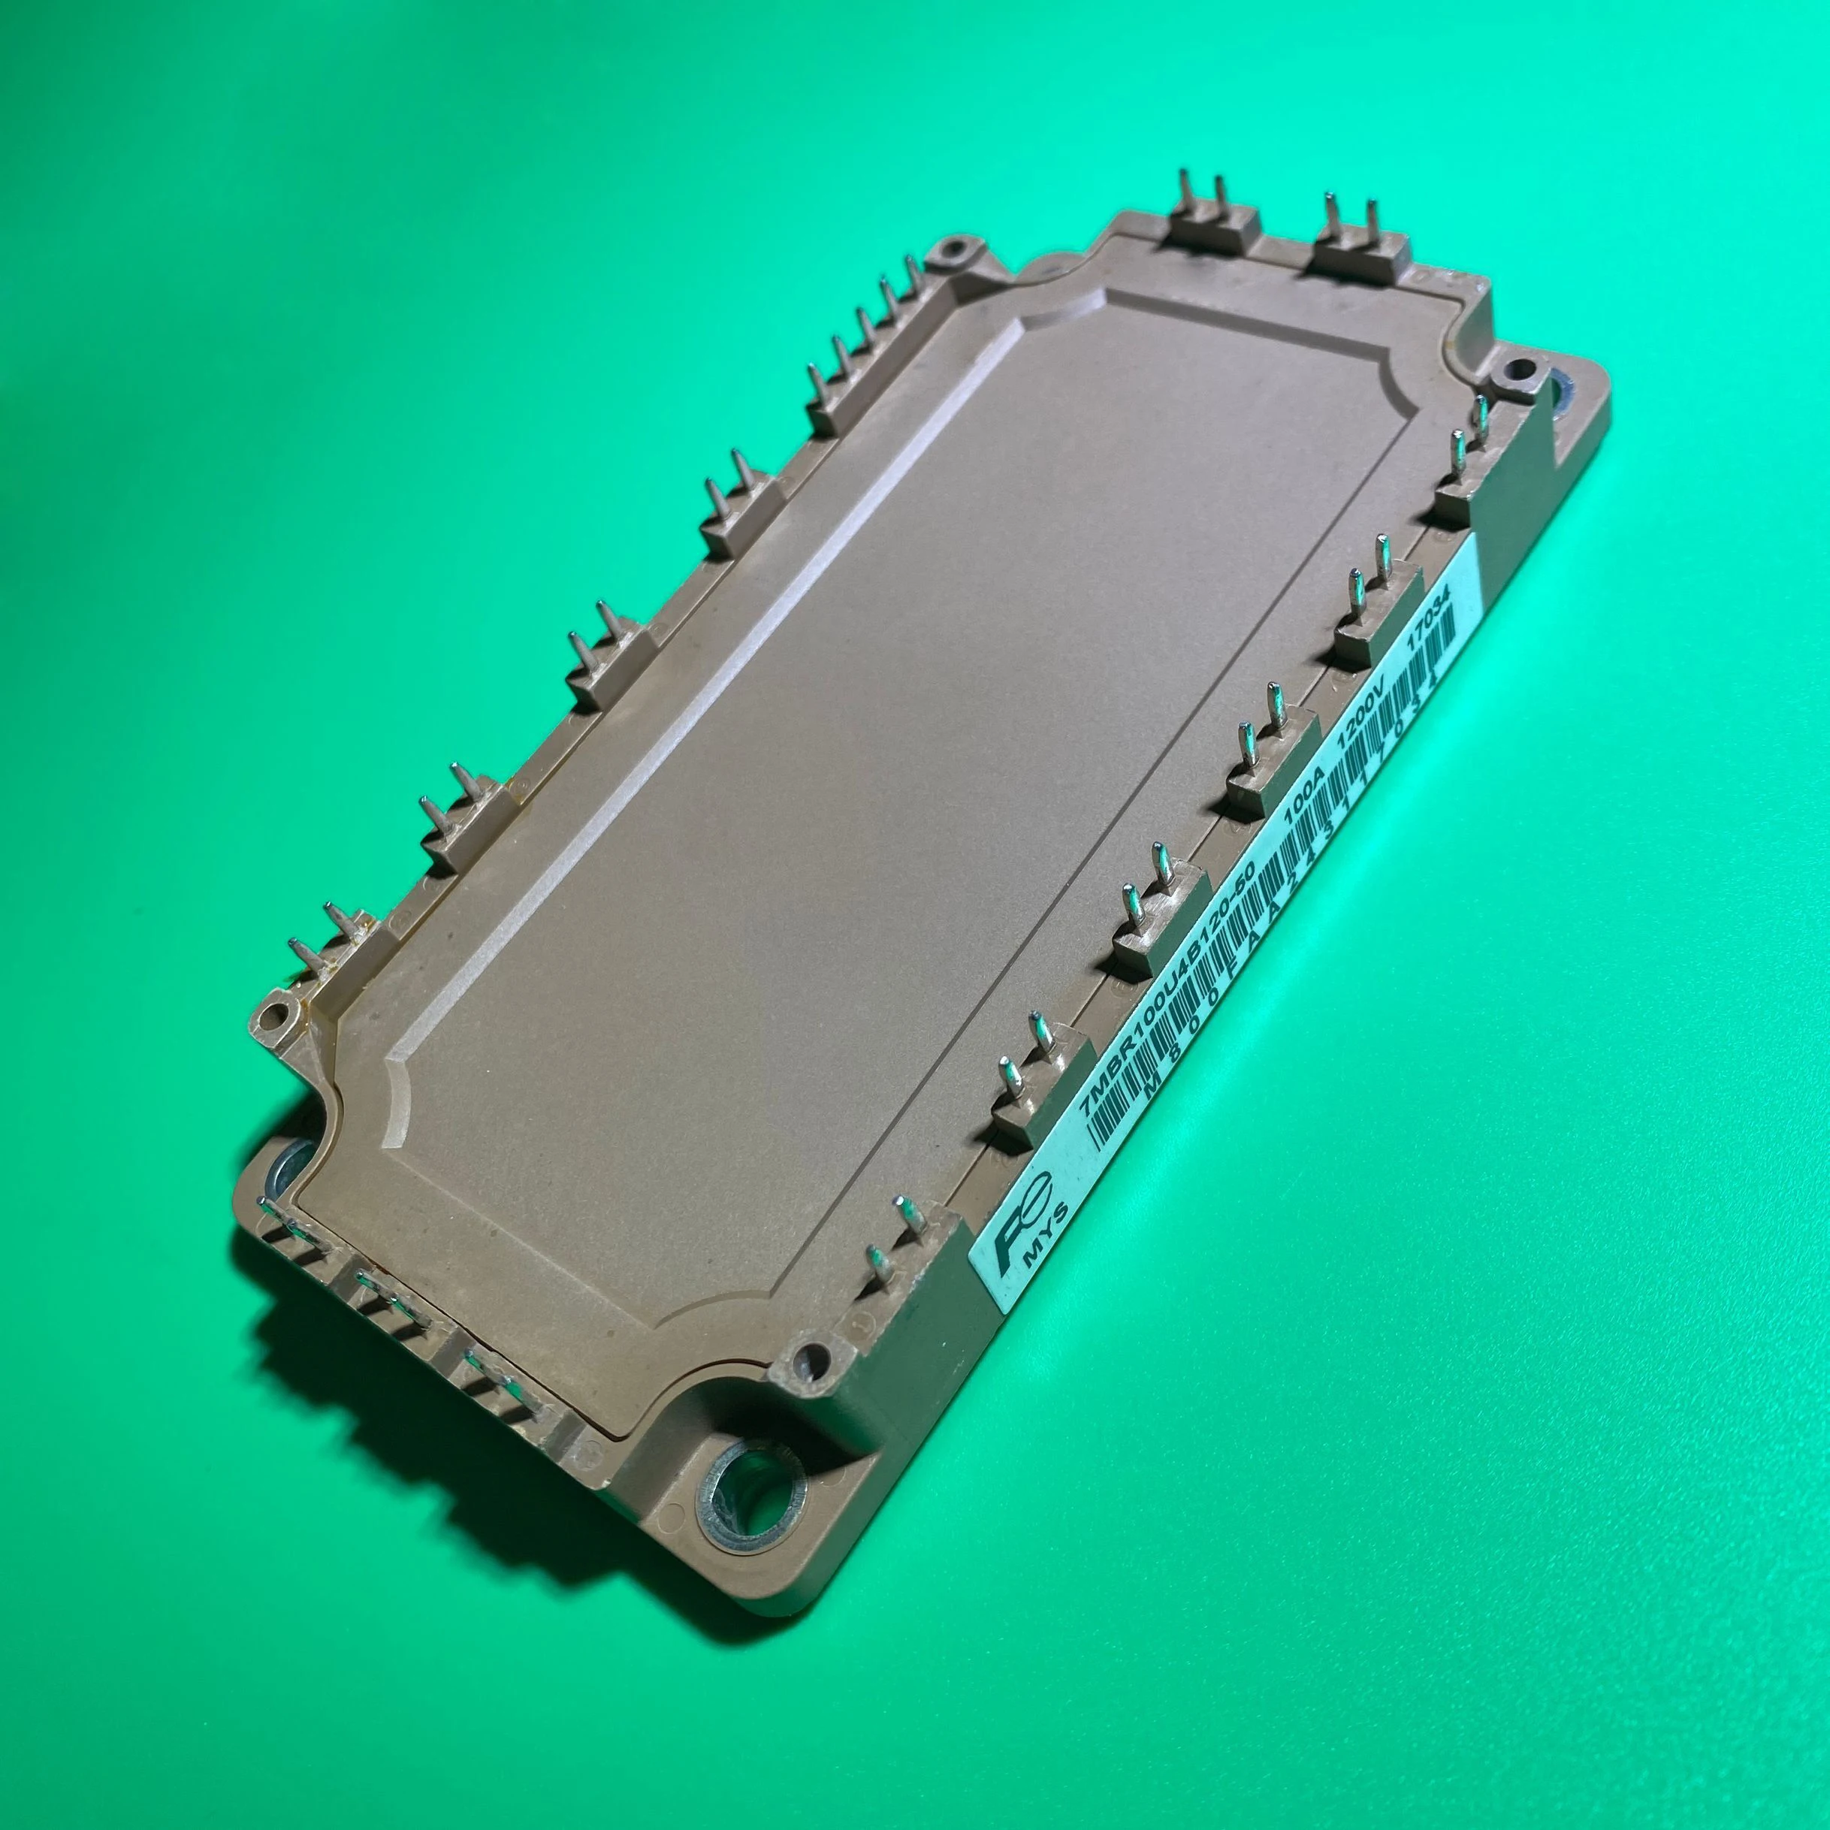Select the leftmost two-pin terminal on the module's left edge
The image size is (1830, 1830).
click(x=331, y=947)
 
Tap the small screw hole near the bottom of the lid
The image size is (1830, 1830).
click(x=807, y=1360)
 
